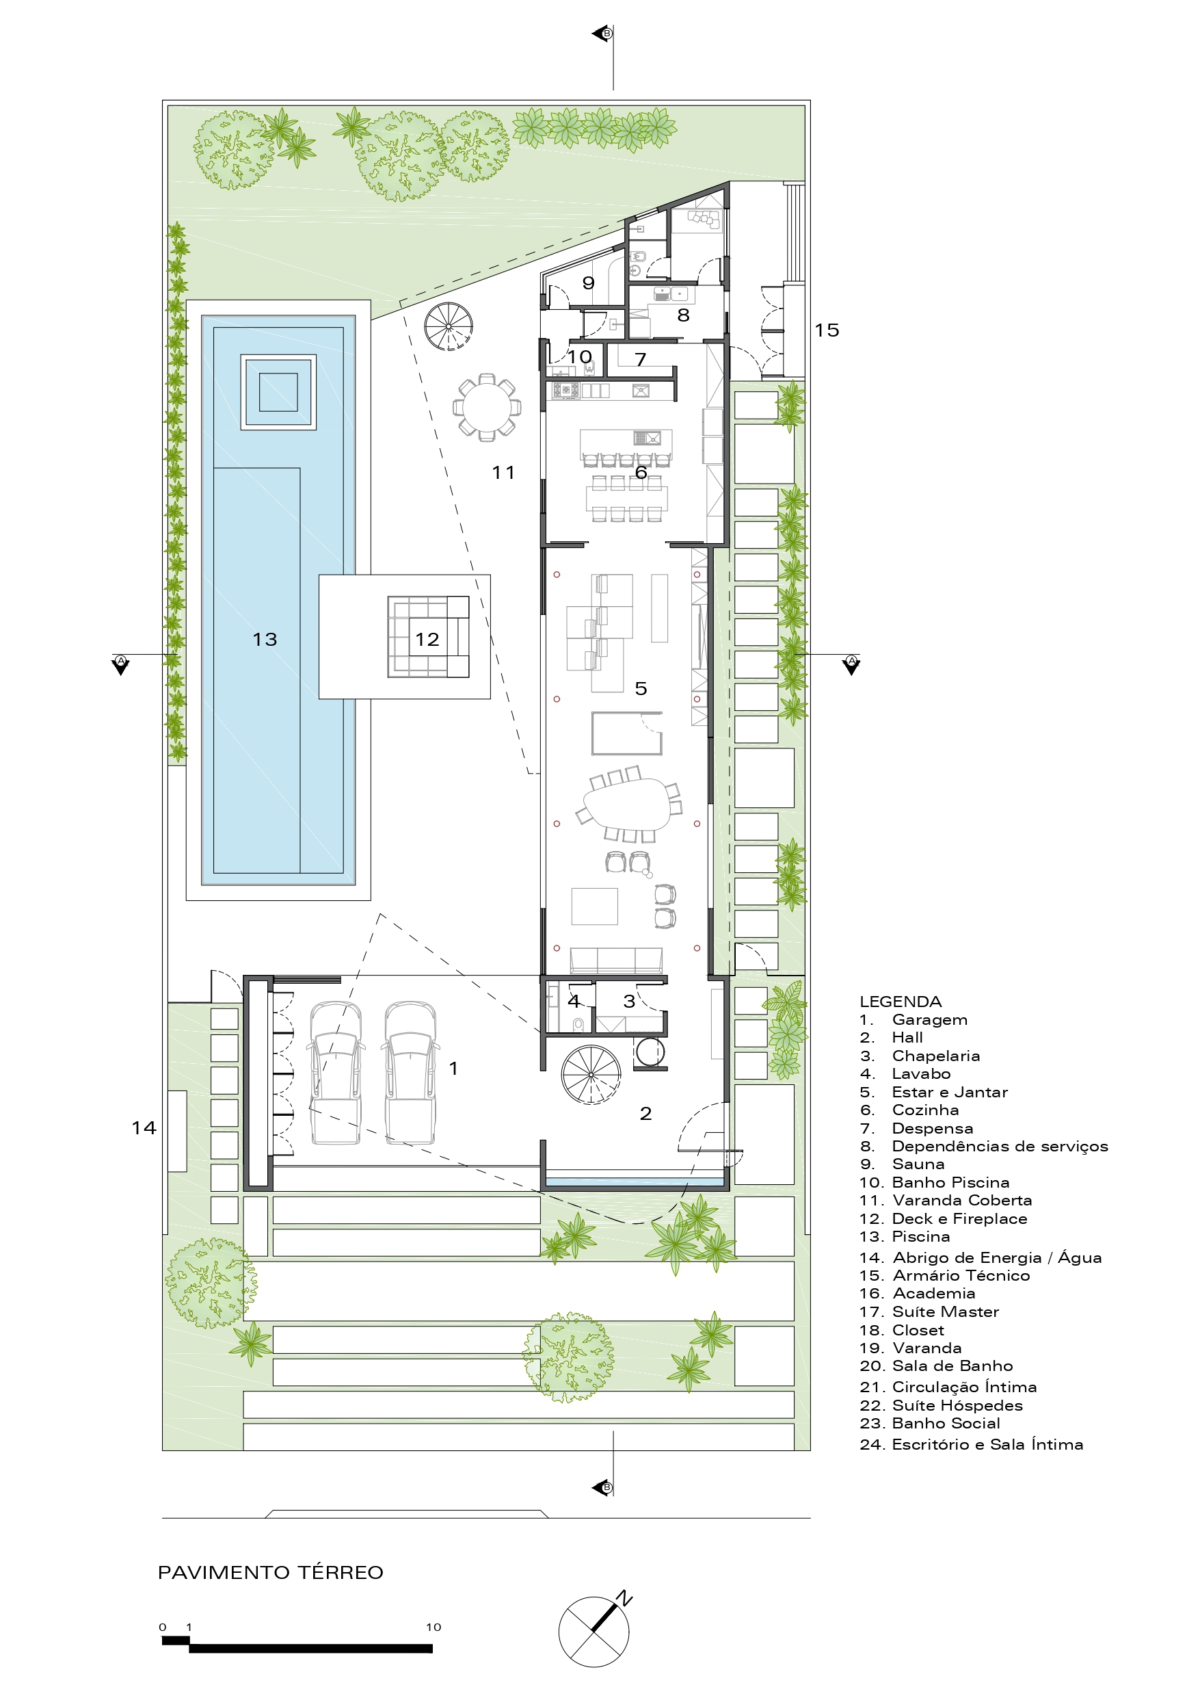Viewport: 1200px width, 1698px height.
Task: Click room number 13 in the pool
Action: pyautogui.click(x=265, y=639)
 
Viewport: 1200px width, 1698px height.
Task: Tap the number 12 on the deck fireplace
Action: pyautogui.click(x=427, y=639)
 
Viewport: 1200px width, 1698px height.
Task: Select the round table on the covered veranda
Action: pyautogui.click(x=487, y=408)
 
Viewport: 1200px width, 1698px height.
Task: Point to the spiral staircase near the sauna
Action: pyautogui.click(x=448, y=326)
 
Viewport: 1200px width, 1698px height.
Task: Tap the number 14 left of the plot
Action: pyautogui.click(x=144, y=1128)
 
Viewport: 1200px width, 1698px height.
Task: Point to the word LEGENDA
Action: pyautogui.click(x=900, y=1002)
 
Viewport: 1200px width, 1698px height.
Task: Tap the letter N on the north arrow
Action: pyautogui.click(x=626, y=1598)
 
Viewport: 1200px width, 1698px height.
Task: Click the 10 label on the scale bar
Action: pyautogui.click(x=434, y=1627)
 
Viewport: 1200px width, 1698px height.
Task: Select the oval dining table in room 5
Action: pyautogui.click(x=628, y=805)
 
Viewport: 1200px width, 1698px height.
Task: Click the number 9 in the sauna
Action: pyautogui.click(x=589, y=283)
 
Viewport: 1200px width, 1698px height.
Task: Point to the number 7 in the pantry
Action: pyautogui.click(x=640, y=359)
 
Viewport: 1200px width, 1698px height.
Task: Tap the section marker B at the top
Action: pyautogui.click(x=606, y=34)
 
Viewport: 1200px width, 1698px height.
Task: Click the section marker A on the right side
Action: pyautogui.click(x=852, y=660)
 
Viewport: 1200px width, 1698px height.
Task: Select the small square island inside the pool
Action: pyautogui.click(x=278, y=392)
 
